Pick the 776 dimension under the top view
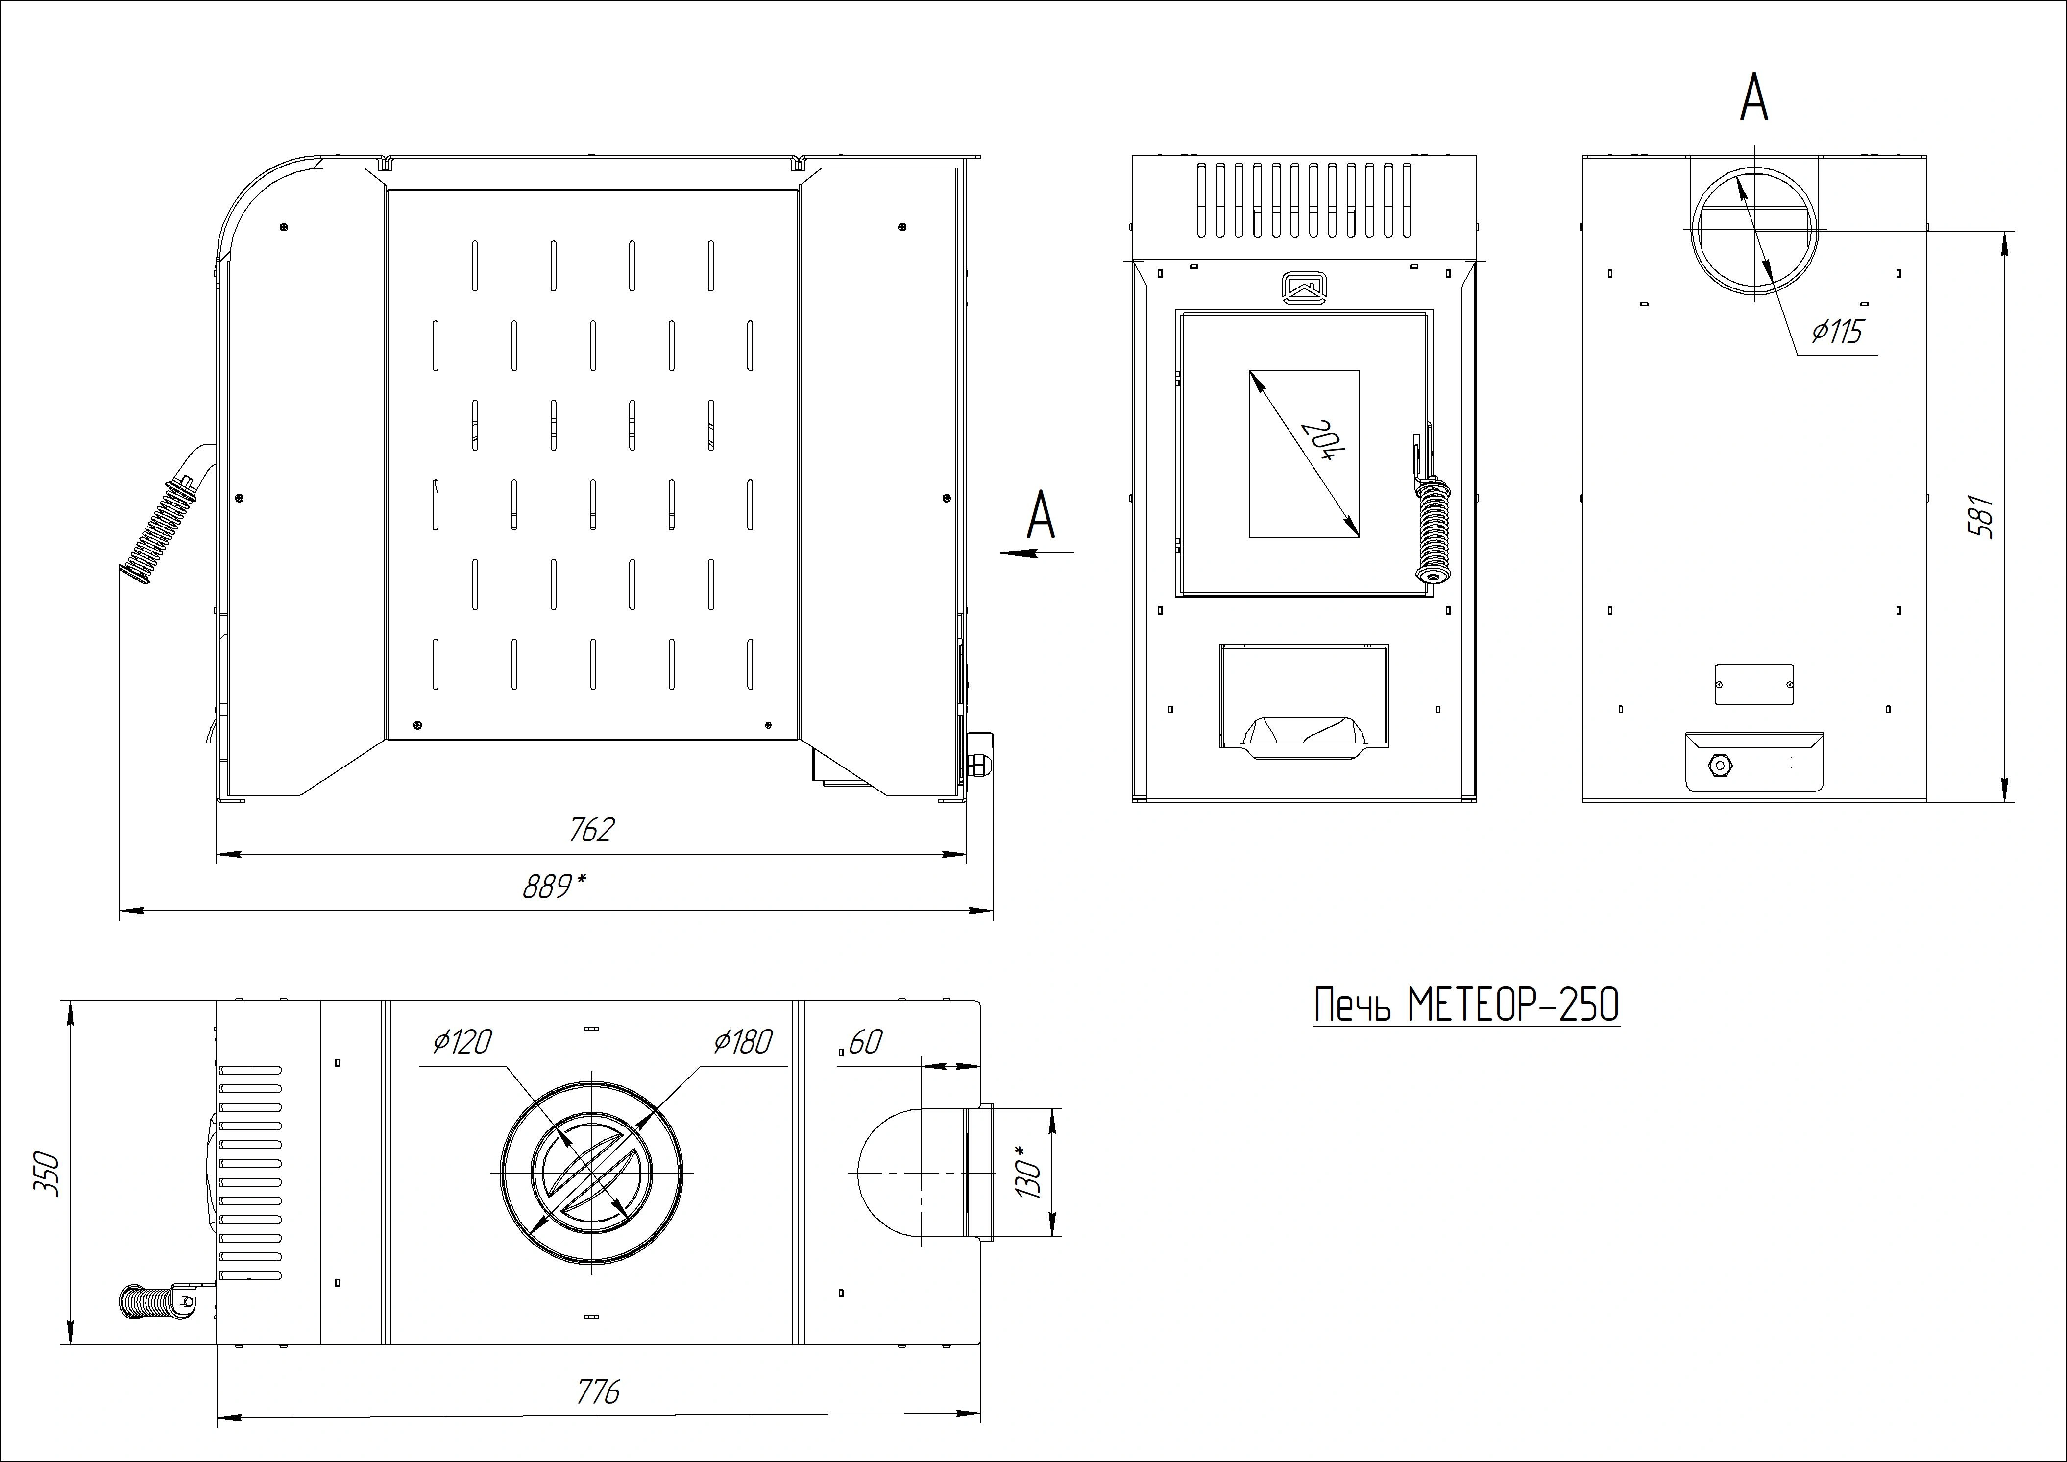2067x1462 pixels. pos(598,1392)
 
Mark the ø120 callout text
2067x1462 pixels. pos(462,1042)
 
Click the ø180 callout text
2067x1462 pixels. pos(743,1042)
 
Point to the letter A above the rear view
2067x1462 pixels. pos(1754,97)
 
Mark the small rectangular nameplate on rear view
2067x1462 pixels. pos(1754,684)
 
